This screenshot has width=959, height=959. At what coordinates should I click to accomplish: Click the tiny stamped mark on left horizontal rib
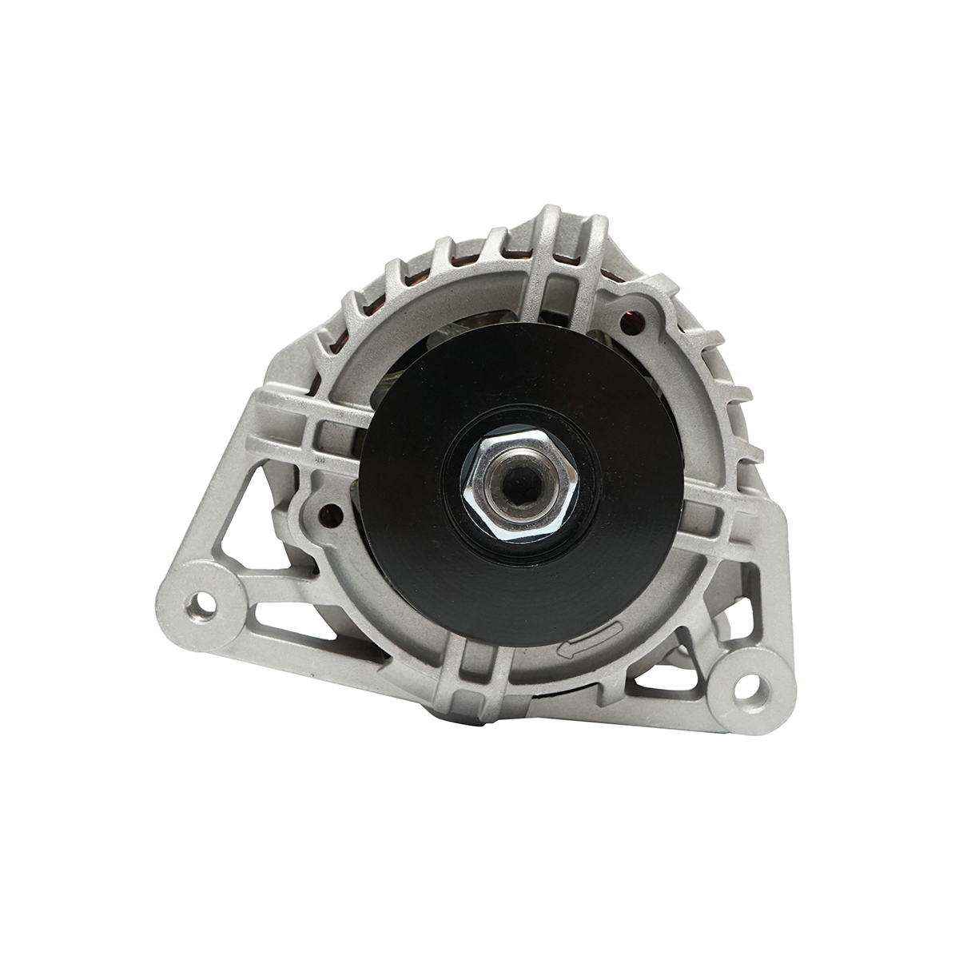(x=320, y=462)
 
